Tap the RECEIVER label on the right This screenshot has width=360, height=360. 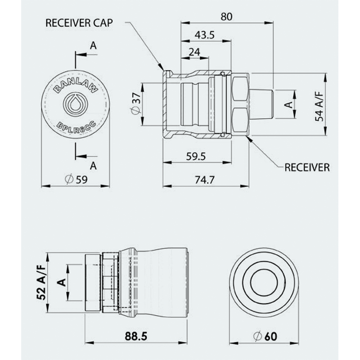tap(307, 167)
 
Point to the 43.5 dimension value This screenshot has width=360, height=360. tap(205, 36)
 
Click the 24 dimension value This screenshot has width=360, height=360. tap(194, 52)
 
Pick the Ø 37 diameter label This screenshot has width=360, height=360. tap(136, 104)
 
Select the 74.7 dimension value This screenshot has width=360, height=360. tap(205, 179)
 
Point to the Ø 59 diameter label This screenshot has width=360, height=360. tap(76, 179)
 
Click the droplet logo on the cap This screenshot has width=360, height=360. tap(76, 104)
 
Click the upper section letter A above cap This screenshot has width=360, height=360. tap(93, 45)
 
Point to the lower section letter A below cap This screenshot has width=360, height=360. tap(93, 165)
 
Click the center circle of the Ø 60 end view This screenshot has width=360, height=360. tap(264, 283)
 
